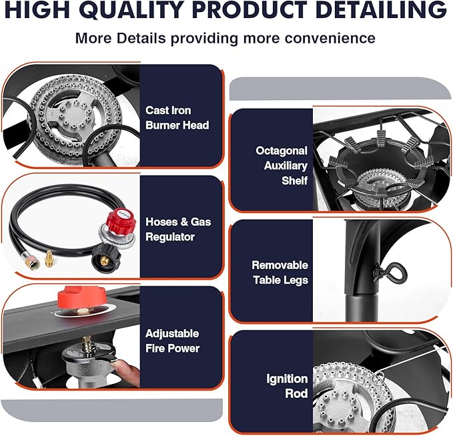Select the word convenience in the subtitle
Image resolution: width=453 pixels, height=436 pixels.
(330, 38)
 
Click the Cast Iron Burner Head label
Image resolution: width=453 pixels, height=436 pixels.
(177, 118)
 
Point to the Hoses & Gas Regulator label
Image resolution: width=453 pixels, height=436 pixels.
(178, 229)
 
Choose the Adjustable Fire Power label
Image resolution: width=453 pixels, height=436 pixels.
(173, 341)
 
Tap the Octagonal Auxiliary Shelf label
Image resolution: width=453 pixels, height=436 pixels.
(282, 166)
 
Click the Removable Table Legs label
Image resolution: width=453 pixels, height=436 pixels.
(280, 272)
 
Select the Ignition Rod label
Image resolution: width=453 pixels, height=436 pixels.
(287, 386)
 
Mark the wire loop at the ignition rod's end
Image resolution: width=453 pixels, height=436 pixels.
(379, 377)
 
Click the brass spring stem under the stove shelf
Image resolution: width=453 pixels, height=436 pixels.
(87, 344)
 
